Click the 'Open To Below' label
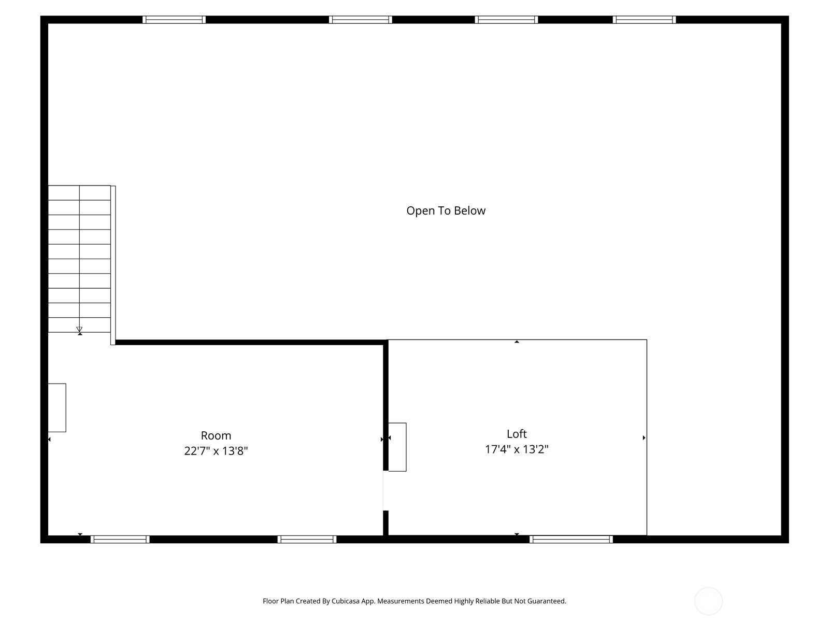[446, 211]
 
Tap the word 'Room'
[216, 435]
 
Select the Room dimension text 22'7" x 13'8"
[216, 451]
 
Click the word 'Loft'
[517, 434]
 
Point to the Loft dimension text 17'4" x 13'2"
[517, 449]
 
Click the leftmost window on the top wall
[174, 20]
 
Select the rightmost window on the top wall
[645, 20]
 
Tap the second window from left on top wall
[360, 20]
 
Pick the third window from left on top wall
[506, 20]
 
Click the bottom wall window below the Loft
[571, 539]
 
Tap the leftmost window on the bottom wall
[120, 539]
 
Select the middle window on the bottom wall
[307, 539]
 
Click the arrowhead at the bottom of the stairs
[79, 329]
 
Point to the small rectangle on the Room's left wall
[57, 408]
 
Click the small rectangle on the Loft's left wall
[397, 447]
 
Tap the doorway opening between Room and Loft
[385, 490]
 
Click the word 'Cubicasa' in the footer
[346, 601]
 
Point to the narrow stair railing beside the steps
[113, 265]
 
